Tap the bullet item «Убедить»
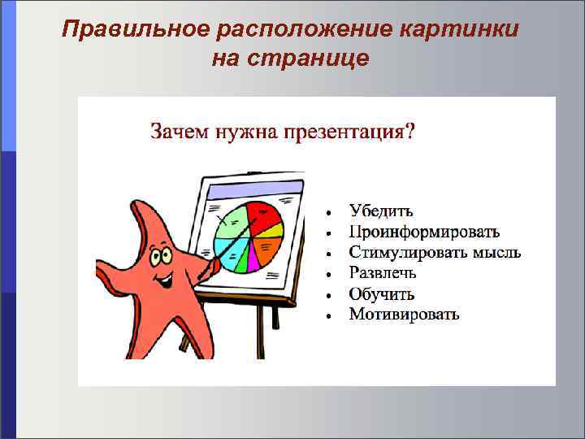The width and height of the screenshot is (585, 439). [380, 211]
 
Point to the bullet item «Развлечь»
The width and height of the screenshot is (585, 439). [383, 273]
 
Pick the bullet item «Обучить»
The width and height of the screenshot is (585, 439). [382, 293]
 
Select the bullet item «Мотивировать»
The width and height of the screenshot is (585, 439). [404, 314]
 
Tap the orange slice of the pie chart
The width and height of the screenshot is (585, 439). [269, 247]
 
